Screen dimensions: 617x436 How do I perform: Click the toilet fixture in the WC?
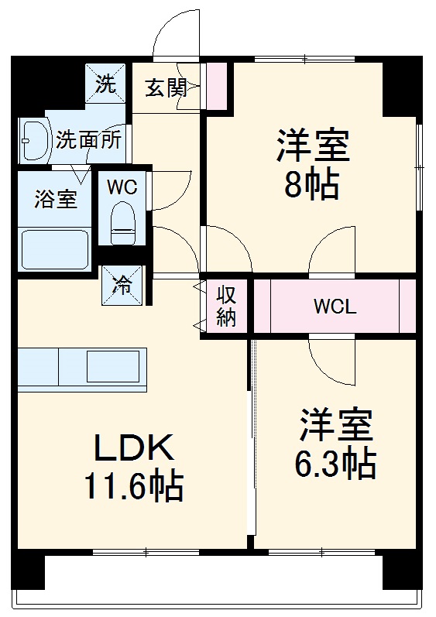click(x=122, y=220)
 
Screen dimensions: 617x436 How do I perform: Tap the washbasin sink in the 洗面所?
click(x=33, y=140)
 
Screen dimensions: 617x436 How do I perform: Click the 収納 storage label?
click(x=225, y=307)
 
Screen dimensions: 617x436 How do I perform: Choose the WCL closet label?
click(x=335, y=307)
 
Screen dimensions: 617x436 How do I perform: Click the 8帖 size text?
click(x=311, y=185)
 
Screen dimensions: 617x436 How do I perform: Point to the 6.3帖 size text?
click(x=335, y=462)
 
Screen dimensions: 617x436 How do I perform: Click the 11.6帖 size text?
click(x=135, y=486)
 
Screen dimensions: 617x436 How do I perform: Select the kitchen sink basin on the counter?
click(x=115, y=365)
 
